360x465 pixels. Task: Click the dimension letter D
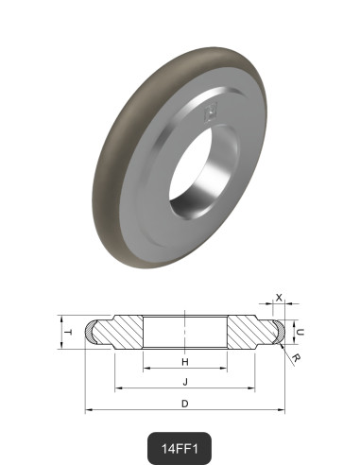(x=185, y=404)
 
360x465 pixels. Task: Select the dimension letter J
(x=185, y=382)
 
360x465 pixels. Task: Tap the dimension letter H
(x=185, y=362)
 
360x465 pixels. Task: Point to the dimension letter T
(x=67, y=332)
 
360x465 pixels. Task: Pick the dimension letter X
(x=279, y=297)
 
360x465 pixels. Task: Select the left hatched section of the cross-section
(x=122, y=332)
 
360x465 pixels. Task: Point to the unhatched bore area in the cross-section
(x=185, y=332)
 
